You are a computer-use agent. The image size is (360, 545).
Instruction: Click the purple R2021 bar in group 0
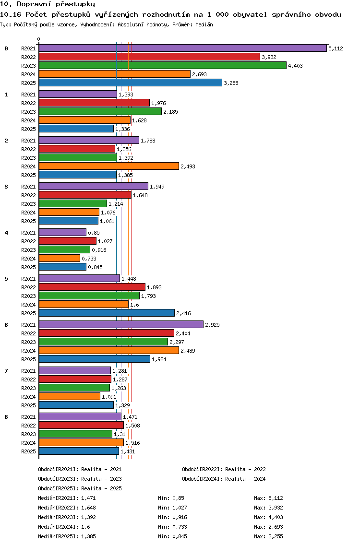coord(183,48)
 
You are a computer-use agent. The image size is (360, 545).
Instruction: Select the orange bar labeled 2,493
coord(109,166)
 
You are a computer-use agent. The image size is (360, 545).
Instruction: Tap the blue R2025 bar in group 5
coord(107,313)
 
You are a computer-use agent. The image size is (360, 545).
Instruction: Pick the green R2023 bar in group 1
coord(100,112)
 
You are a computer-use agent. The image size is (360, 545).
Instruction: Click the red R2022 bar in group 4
coord(68,241)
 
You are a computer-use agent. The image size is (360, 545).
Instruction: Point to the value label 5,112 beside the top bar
coord(336,48)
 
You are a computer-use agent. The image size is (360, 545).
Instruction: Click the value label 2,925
coord(212,325)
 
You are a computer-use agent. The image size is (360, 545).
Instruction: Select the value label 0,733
coord(89,259)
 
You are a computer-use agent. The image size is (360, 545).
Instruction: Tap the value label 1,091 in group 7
coord(109,397)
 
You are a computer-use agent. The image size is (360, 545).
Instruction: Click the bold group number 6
coord(6,325)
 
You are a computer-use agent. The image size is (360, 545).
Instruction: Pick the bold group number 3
coord(6,187)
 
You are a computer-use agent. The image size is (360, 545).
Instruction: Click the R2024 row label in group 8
coord(28,443)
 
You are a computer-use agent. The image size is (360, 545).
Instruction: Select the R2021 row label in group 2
coord(28,141)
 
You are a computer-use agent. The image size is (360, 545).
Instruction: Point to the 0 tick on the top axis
coord(38,39)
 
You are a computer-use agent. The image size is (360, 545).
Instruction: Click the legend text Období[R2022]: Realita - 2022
coord(224,469)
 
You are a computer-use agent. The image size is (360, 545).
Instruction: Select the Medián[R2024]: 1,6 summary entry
coord(64,527)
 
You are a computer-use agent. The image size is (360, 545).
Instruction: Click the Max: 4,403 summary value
coord(268,517)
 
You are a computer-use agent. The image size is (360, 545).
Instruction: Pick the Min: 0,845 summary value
coord(172,536)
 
